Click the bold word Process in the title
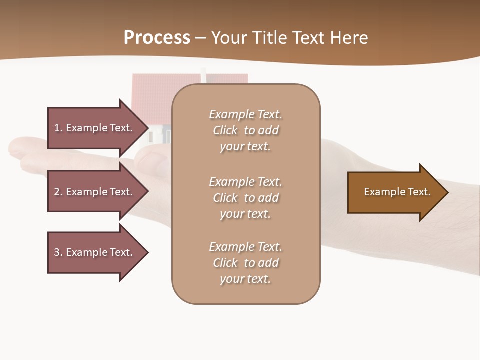point(157,38)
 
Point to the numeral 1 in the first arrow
point(57,128)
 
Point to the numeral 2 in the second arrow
point(57,192)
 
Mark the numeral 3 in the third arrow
point(57,252)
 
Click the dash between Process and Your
point(200,38)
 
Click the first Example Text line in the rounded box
point(245,114)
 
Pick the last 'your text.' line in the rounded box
point(245,279)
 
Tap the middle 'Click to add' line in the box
point(245,198)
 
